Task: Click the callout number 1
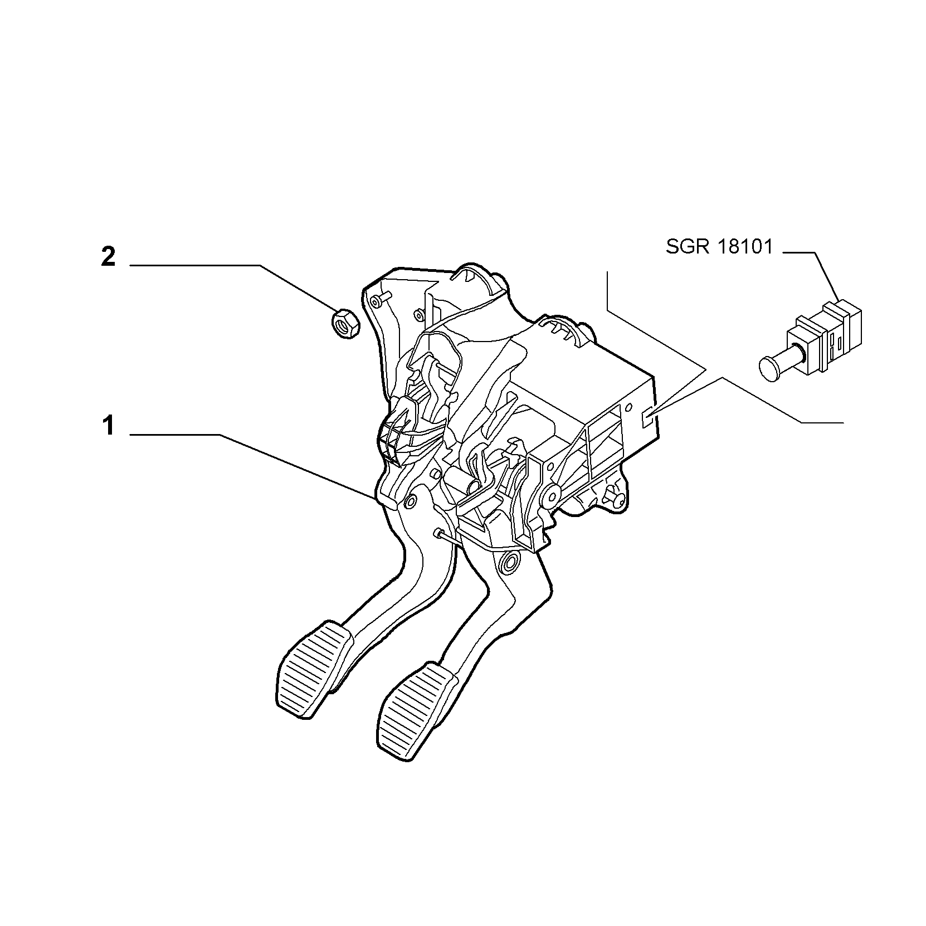click(108, 427)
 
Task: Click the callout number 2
click(108, 256)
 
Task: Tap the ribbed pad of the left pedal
click(314, 669)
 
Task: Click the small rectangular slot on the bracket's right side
click(648, 417)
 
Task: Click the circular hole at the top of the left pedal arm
click(410, 502)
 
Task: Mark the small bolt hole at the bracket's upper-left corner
click(376, 301)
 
